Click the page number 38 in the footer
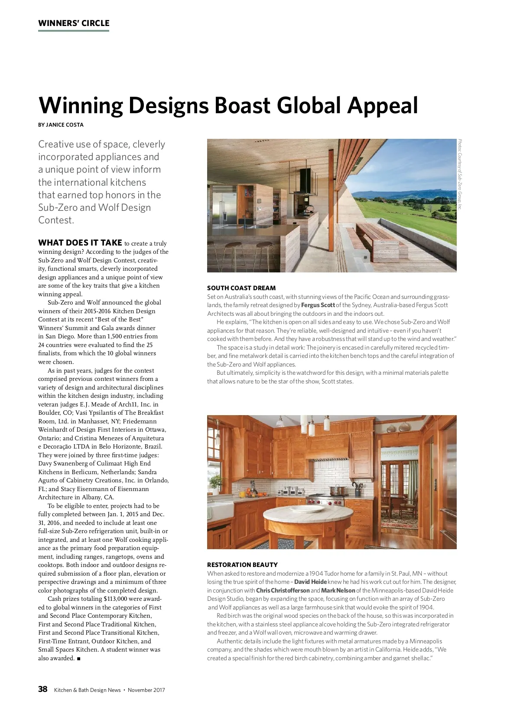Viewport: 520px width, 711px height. [42, 689]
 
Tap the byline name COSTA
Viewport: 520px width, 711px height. [74, 125]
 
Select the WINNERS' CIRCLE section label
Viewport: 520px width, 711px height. [74, 23]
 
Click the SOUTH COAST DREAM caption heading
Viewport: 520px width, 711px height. [241, 288]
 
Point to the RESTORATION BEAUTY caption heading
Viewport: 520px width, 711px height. [242, 565]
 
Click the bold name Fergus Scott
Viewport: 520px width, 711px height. [318, 305]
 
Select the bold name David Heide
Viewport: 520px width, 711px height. [310, 582]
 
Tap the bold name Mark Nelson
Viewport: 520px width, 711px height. [338, 590]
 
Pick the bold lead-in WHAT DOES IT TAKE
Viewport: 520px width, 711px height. [80, 243]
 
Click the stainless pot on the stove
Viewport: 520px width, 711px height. [338, 490]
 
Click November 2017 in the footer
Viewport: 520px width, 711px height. [146, 690]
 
